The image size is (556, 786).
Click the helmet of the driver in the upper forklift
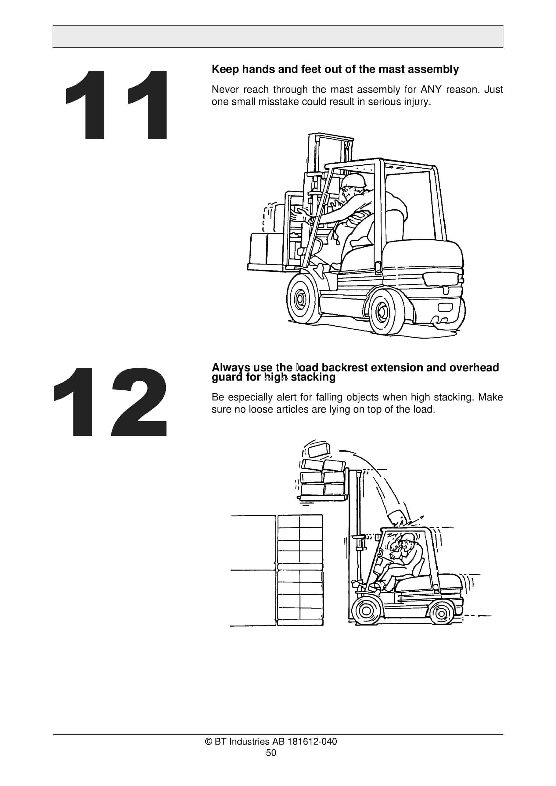pyautogui.click(x=354, y=180)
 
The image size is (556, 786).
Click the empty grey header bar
pyautogui.click(x=278, y=36)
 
